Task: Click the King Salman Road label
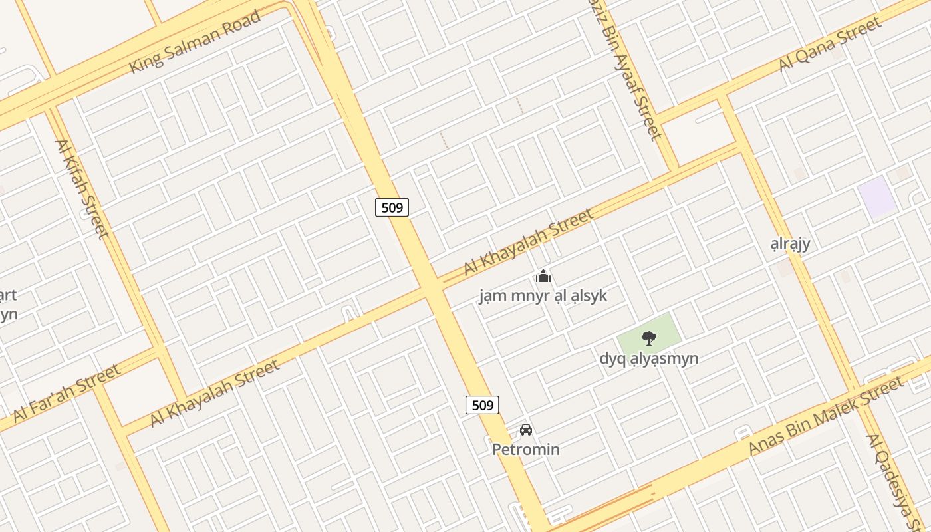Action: (x=194, y=43)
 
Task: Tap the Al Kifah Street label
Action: (x=81, y=188)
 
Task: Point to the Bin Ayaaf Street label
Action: (x=634, y=73)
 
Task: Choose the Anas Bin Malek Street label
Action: (x=826, y=416)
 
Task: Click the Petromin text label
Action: (x=525, y=450)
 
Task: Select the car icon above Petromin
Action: (x=526, y=430)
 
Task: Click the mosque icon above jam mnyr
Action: (x=543, y=275)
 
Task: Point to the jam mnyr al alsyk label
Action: (x=543, y=295)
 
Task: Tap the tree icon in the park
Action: (x=648, y=338)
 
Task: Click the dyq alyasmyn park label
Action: (x=648, y=359)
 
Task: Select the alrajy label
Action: (x=790, y=243)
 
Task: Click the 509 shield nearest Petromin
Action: (x=482, y=404)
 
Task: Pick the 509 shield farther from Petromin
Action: (x=392, y=207)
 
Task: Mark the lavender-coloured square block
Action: (x=876, y=196)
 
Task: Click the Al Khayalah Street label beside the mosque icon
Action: (x=528, y=241)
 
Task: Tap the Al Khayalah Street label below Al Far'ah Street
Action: (x=214, y=394)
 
